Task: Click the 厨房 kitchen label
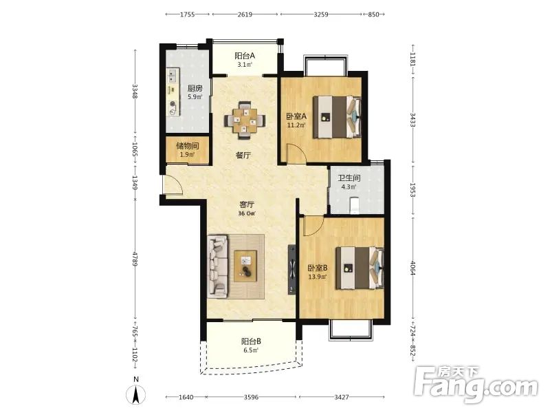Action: tap(195, 89)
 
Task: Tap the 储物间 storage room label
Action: tap(187, 146)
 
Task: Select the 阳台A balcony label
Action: tap(245, 56)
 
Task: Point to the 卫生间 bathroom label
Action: tap(349, 178)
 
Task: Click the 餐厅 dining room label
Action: tap(243, 156)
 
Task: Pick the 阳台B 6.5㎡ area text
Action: tap(251, 350)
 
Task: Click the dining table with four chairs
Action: tap(245, 120)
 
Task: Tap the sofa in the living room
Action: tap(217, 266)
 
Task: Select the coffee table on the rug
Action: tap(245, 266)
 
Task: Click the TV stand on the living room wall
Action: tap(291, 269)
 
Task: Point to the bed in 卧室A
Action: tap(337, 116)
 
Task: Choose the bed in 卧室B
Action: tap(360, 268)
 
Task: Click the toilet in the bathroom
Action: tap(355, 206)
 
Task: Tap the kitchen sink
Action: tap(173, 75)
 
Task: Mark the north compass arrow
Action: tap(136, 394)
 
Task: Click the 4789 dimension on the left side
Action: tap(135, 257)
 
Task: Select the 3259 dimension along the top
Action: tap(321, 14)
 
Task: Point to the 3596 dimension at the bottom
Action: tap(251, 397)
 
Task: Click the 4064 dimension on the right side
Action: tap(413, 268)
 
